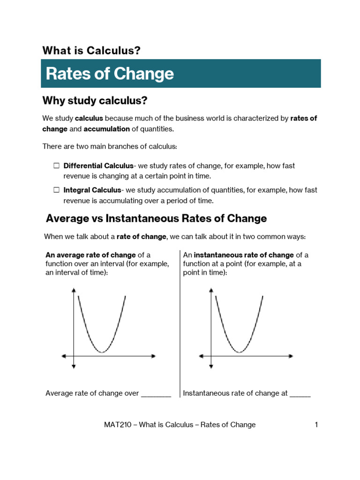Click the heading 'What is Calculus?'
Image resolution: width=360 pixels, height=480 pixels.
91,51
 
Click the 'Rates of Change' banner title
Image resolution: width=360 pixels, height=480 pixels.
110,74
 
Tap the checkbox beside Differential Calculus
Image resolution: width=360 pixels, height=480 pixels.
56,166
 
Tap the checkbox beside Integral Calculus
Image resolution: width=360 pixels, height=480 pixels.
56,190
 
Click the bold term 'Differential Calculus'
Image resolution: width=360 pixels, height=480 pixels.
98,166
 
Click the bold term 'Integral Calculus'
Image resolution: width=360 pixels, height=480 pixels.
92,190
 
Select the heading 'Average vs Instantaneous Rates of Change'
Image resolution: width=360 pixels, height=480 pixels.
157,218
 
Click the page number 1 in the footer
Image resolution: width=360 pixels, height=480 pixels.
316,425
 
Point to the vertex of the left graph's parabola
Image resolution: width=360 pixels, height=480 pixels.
102,352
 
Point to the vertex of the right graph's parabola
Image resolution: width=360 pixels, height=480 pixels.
239,352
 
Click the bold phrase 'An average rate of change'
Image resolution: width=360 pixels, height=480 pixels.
90,255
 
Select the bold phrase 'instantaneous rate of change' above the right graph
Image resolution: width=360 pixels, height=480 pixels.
244,255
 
